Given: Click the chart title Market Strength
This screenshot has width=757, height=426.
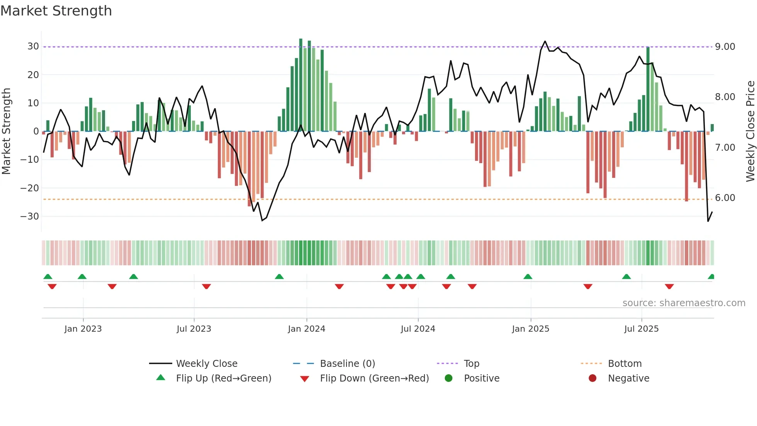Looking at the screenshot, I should pyautogui.click(x=56, y=11).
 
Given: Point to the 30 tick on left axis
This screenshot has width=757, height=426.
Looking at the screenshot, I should pyautogui.click(x=33, y=46).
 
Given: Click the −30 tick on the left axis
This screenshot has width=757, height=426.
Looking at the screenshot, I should pyautogui.click(x=30, y=216).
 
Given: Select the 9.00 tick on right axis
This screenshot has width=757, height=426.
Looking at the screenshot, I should pyautogui.click(x=725, y=47).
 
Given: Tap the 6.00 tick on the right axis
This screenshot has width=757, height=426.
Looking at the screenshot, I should pyautogui.click(x=725, y=198).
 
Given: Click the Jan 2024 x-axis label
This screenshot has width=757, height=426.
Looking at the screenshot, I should pyautogui.click(x=306, y=329).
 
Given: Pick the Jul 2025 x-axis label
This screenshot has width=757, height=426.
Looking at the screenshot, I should pyautogui.click(x=641, y=329).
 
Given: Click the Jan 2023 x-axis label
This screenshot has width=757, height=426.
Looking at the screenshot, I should pyautogui.click(x=83, y=329).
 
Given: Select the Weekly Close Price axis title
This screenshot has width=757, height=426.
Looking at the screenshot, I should pyautogui.click(x=750, y=131).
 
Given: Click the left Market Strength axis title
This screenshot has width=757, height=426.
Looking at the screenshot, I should pyautogui.click(x=6, y=131).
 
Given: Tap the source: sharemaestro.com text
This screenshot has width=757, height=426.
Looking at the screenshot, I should pyautogui.click(x=684, y=303).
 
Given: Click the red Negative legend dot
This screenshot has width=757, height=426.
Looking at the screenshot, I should pyautogui.click(x=592, y=378).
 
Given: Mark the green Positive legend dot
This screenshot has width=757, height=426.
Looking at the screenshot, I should pyautogui.click(x=448, y=378).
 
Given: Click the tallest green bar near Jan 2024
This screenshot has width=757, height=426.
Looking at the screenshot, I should pyautogui.click(x=301, y=85).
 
